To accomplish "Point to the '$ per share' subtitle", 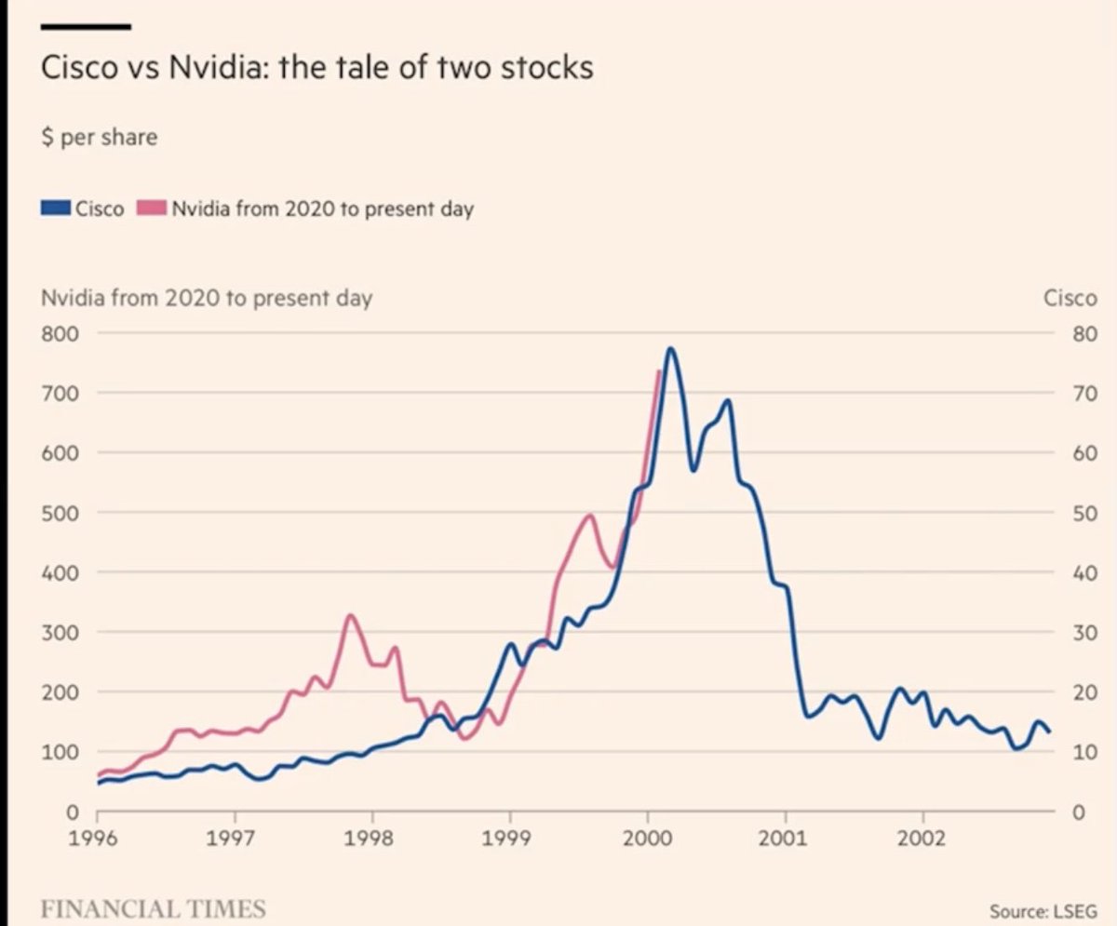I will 100,138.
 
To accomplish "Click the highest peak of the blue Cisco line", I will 670,349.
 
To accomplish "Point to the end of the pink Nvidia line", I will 659,371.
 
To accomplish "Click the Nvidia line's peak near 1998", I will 350,615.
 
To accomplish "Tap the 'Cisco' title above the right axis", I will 1070,299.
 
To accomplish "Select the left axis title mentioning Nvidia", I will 207,299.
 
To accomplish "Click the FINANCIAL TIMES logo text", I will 154,908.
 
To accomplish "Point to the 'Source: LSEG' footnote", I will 1043,911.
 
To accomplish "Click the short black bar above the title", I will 87,27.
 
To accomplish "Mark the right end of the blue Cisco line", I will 1050,731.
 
